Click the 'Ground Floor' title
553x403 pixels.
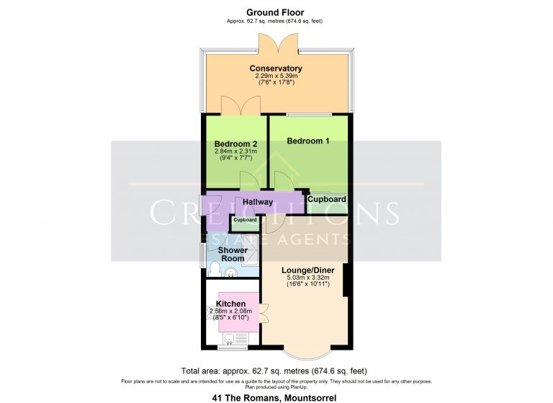pos(275,12)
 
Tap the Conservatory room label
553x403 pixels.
pos(276,68)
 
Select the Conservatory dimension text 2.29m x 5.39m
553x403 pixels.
pos(276,76)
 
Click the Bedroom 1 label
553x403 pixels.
pos(308,141)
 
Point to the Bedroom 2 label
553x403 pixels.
pos(235,144)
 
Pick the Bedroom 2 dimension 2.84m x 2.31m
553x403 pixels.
pos(235,152)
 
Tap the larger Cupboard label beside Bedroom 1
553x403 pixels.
pos(326,199)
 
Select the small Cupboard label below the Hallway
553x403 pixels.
pos(244,220)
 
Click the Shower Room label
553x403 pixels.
pos(233,255)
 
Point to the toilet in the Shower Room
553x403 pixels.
pos(214,269)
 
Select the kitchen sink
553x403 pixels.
pos(230,337)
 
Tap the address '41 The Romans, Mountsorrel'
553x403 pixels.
pos(276,397)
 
